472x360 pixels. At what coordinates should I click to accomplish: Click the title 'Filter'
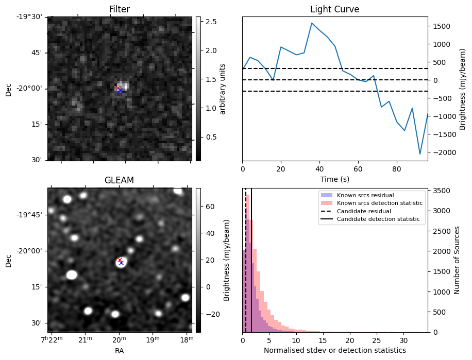click(119, 9)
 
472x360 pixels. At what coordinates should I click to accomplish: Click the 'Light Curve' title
click(334, 9)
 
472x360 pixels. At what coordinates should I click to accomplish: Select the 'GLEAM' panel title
click(119, 180)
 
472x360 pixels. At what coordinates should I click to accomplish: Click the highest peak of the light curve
click(312, 23)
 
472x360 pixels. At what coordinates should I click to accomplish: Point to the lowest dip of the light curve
click(420, 154)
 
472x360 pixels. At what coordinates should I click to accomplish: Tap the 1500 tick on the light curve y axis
click(441, 26)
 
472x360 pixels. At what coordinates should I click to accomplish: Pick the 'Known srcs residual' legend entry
click(364, 196)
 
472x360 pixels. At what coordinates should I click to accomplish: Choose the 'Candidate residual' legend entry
click(364, 212)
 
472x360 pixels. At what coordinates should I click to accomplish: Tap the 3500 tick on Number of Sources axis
click(441, 191)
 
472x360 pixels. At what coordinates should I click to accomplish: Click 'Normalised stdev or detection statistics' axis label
click(334, 350)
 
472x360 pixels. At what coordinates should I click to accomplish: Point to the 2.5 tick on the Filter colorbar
click(211, 22)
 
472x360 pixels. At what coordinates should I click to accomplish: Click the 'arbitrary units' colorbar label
click(223, 89)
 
